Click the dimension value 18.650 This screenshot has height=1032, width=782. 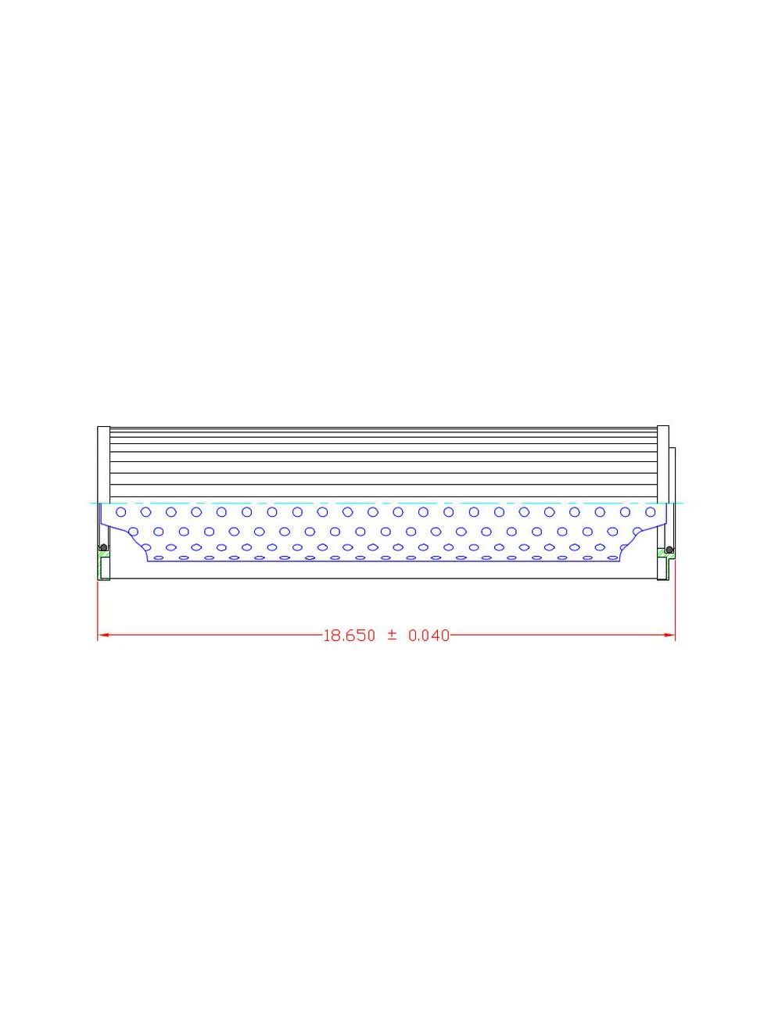coord(349,636)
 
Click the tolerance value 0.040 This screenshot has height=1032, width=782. coord(429,636)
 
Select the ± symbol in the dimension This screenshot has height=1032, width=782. coord(392,636)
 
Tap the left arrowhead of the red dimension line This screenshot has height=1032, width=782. coord(102,635)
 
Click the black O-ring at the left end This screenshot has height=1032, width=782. coord(102,547)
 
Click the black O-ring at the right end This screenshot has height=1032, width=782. coord(669,547)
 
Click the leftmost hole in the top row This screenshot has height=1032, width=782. coord(120,512)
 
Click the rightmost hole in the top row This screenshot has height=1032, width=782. coord(651,511)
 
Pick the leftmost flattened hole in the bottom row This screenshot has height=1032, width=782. coord(158,557)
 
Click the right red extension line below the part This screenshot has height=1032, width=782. coord(675,606)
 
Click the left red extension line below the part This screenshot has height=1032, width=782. coord(97,606)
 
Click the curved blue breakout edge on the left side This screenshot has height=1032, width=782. coord(125,536)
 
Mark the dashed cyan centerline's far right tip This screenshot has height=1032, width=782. coord(683,503)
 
